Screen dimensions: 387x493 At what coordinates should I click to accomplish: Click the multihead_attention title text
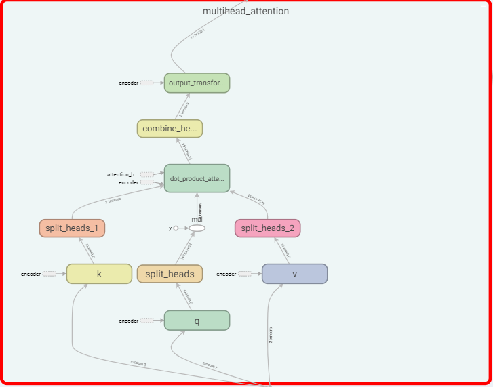pyautogui.click(x=245, y=12)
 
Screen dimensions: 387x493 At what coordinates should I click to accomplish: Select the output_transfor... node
pyautogui.click(x=197, y=83)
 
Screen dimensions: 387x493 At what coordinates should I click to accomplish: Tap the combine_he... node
pyautogui.click(x=170, y=128)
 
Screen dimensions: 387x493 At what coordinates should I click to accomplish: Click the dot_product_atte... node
pyautogui.click(x=197, y=178)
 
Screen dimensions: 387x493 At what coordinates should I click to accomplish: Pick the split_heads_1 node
pyautogui.click(x=72, y=228)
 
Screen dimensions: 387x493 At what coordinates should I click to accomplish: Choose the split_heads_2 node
pyautogui.click(x=267, y=228)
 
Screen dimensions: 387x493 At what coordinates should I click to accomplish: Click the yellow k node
pyautogui.click(x=99, y=273)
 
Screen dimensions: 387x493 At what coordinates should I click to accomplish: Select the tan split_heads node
pyautogui.click(x=170, y=273)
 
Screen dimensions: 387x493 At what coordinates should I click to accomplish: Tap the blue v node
pyautogui.click(x=294, y=273)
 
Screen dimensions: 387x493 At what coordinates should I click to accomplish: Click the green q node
pyautogui.click(x=197, y=321)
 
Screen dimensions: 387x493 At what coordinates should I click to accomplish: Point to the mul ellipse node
pyautogui.click(x=197, y=228)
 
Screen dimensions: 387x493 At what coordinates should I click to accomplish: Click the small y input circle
pyautogui.click(x=175, y=228)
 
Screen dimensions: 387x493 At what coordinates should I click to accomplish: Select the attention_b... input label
pyautogui.click(x=123, y=174)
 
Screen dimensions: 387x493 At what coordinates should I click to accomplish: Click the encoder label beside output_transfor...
pyautogui.click(x=129, y=83)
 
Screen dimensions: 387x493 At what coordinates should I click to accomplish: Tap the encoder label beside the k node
pyautogui.click(x=31, y=274)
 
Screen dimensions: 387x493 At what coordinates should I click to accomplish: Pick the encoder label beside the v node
pyautogui.click(x=226, y=274)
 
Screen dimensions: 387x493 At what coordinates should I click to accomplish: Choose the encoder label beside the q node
pyautogui.click(x=129, y=321)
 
